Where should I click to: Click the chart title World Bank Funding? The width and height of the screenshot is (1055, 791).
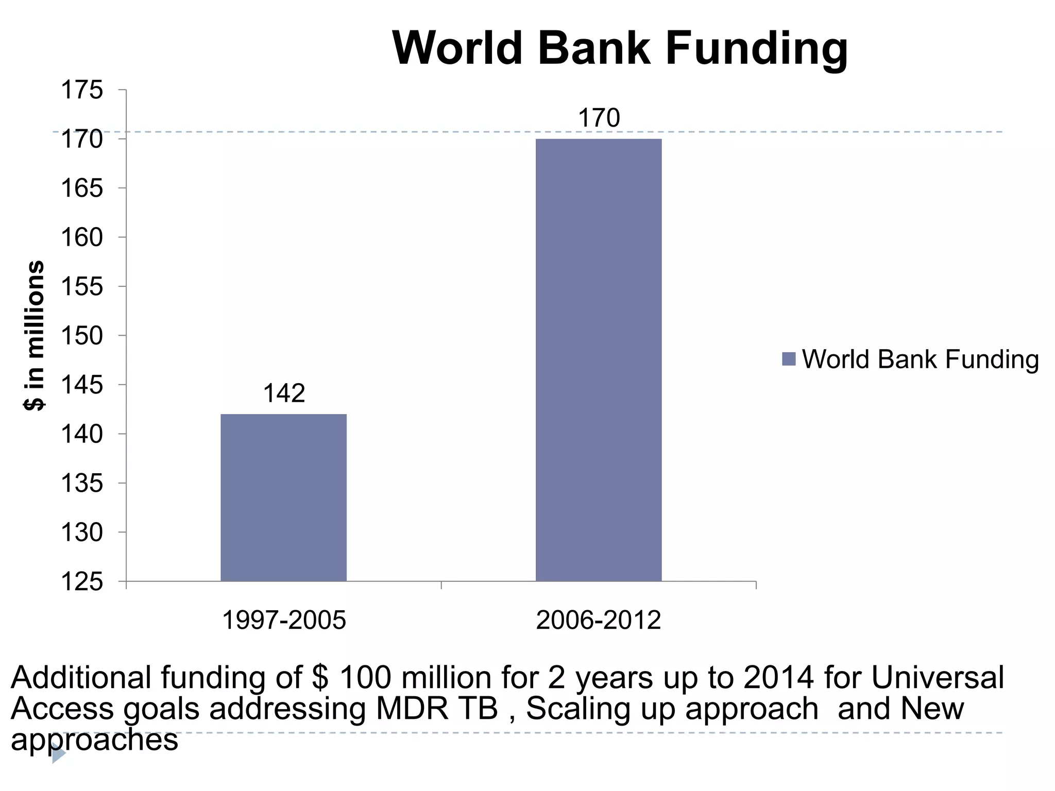(x=620, y=48)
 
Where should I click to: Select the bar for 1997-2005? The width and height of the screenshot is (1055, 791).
(x=283, y=497)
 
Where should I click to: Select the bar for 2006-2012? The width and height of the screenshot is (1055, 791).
(x=599, y=360)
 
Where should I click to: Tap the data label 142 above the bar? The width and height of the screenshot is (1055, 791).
(x=284, y=393)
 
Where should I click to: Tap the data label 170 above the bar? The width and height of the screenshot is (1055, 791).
(x=599, y=118)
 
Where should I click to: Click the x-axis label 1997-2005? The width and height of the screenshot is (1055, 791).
(x=284, y=620)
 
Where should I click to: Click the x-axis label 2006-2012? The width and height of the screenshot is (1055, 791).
(x=599, y=620)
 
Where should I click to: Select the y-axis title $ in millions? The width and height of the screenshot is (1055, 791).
(x=35, y=335)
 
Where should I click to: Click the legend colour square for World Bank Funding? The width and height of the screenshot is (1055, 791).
(x=789, y=359)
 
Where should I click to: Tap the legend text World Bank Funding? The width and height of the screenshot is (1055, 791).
(x=920, y=359)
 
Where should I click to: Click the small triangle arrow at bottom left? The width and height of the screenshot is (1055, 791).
(x=59, y=755)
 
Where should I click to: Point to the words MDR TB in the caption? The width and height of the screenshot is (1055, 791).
(x=437, y=709)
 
